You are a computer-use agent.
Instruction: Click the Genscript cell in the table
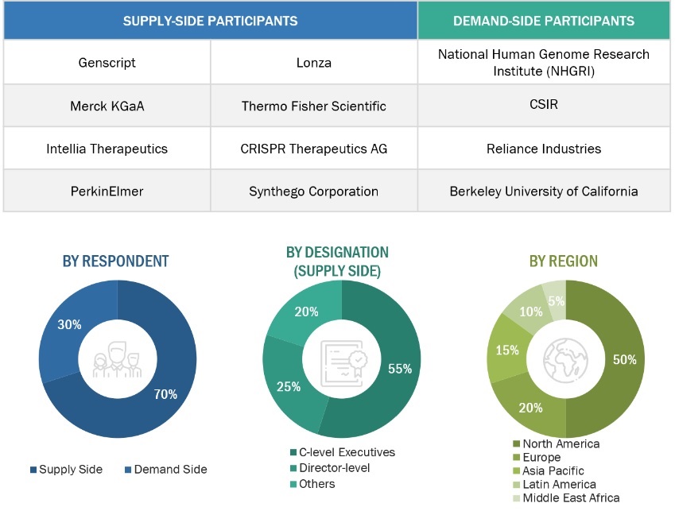107,62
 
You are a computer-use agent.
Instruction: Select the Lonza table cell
313,62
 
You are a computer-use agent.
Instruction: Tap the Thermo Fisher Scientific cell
313,106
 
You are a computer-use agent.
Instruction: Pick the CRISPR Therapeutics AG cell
313,149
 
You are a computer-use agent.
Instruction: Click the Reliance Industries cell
544,149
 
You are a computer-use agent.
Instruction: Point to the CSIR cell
544,106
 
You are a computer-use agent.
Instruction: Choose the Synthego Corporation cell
313,192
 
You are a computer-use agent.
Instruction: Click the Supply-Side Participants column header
210,21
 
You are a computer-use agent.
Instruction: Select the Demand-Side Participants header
544,21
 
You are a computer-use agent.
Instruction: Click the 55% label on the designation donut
399,369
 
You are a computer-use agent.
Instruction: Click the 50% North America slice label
625,359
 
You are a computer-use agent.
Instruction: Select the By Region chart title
564,261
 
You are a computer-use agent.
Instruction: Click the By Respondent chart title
115,261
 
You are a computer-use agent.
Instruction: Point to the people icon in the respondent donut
118,360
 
